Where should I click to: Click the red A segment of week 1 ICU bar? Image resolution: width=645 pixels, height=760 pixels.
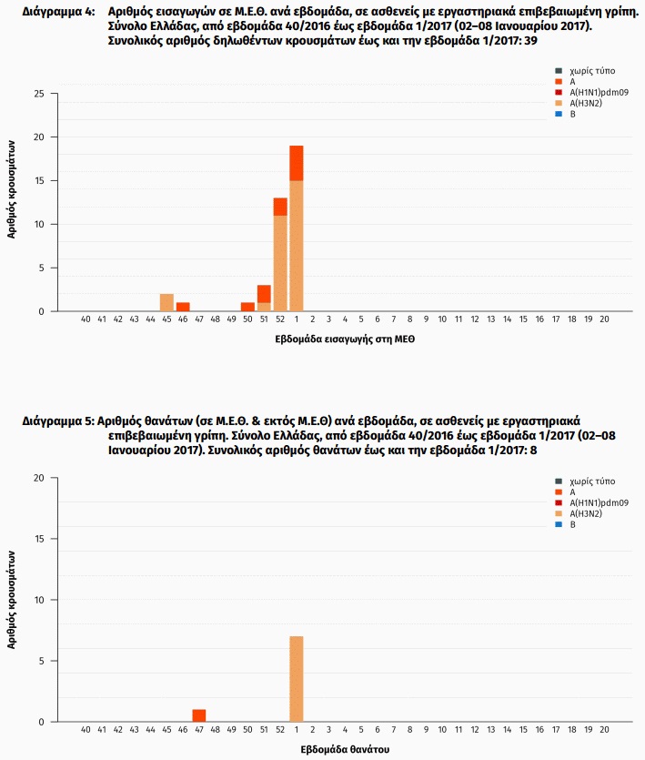click(296, 163)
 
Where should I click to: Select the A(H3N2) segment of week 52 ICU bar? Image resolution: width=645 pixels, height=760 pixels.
click(280, 263)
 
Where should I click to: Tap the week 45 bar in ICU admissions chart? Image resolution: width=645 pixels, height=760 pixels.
click(166, 302)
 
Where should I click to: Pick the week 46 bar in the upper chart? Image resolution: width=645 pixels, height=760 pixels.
click(183, 307)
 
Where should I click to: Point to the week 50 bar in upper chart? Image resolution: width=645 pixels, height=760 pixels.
click(247, 307)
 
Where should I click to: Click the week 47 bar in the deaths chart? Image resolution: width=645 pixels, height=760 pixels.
click(199, 715)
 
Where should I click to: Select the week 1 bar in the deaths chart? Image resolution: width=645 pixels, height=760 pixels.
click(296, 679)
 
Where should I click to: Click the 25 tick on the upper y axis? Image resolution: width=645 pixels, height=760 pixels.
click(39, 94)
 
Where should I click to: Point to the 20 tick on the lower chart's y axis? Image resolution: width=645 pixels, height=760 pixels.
click(39, 478)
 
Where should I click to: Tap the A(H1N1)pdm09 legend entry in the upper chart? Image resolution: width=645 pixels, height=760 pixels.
click(591, 92)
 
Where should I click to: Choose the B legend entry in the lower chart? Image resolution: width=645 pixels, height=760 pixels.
click(565, 524)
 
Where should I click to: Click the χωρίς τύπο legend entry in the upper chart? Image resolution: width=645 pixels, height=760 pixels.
click(585, 71)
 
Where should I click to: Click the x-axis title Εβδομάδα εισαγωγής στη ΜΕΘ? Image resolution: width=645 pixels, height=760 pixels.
click(345, 339)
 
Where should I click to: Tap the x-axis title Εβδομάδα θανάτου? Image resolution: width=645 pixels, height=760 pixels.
click(345, 749)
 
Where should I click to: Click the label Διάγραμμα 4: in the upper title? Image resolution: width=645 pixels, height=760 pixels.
click(58, 12)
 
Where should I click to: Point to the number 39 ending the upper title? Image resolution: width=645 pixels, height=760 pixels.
click(530, 41)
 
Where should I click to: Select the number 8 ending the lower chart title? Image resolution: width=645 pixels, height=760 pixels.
click(533, 451)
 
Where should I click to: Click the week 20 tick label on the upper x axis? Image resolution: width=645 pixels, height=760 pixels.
click(604, 319)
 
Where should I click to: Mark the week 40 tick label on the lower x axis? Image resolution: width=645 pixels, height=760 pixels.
click(86, 729)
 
